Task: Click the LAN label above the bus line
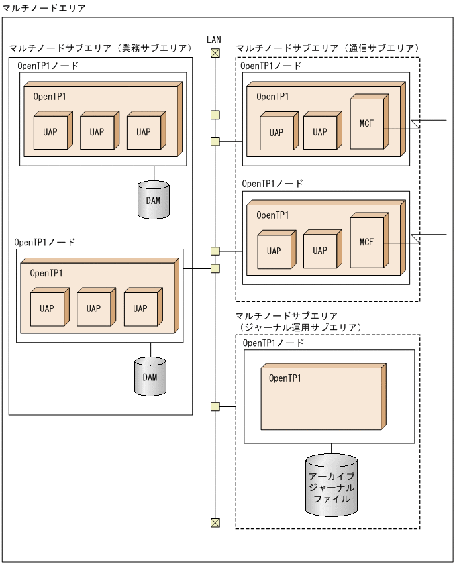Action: [x=214, y=40]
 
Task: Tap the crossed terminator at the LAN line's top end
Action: [x=215, y=54]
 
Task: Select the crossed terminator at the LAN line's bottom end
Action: [x=215, y=523]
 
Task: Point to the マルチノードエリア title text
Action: [x=44, y=7]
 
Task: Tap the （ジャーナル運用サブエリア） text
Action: [x=299, y=327]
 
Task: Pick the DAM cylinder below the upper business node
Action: [x=154, y=199]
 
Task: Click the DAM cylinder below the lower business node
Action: [x=150, y=376]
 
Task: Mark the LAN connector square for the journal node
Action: [x=215, y=406]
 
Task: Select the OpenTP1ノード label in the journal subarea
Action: [x=274, y=343]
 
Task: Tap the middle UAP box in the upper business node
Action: [x=97, y=131]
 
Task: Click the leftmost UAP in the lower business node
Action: [x=47, y=308]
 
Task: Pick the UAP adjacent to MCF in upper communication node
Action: [x=320, y=132]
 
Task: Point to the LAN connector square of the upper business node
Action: [x=215, y=115]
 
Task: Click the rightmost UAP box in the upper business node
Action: [x=143, y=131]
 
